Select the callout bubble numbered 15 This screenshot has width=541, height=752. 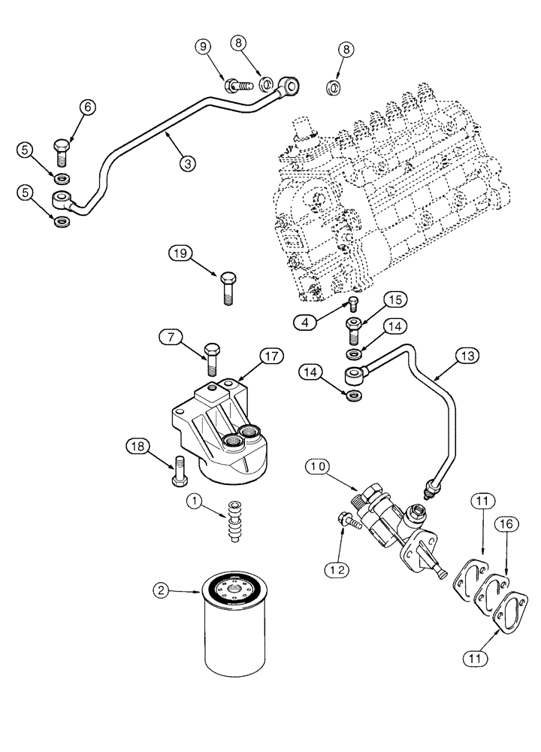[397, 299]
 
